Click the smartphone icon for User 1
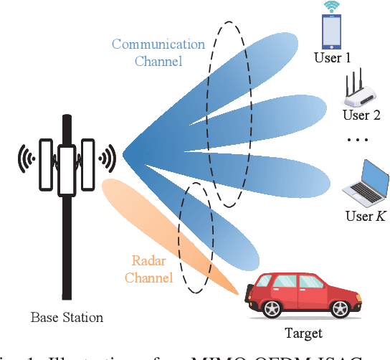(331, 32)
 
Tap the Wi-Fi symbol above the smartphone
(331, 7)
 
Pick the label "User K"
(364, 216)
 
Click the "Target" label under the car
(303, 333)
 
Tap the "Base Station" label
(67, 317)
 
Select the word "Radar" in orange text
(149, 261)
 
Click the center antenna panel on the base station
(67, 170)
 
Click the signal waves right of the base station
(107, 156)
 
